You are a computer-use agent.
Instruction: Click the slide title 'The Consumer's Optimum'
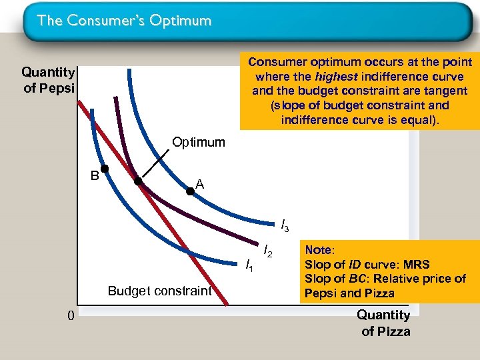(x=125, y=21)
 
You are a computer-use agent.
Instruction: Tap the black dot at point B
(x=105, y=169)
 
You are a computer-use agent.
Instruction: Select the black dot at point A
(x=190, y=191)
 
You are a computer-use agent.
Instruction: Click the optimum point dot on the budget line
(x=139, y=181)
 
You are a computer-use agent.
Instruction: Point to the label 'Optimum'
(x=199, y=142)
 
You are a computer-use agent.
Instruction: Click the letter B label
(x=95, y=176)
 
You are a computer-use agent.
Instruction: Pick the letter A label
(x=199, y=185)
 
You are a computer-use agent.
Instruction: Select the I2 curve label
(x=268, y=251)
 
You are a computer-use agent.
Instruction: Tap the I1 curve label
(x=249, y=266)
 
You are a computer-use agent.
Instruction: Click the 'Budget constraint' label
(x=160, y=291)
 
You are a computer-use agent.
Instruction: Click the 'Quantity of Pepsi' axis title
(x=49, y=79)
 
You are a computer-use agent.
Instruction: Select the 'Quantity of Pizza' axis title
(x=385, y=323)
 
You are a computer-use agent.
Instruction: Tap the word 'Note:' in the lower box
(x=319, y=250)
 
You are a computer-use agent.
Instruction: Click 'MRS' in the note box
(x=416, y=265)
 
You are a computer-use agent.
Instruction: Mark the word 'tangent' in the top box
(x=447, y=91)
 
